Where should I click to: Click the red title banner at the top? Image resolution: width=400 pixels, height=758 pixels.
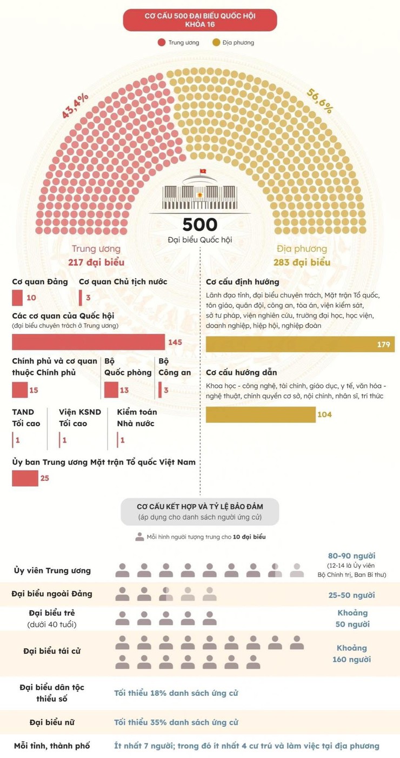200,20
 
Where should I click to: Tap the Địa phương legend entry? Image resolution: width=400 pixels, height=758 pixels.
233,42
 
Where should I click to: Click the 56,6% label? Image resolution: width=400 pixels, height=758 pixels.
320,100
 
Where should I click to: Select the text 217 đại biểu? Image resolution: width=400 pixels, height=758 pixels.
96,263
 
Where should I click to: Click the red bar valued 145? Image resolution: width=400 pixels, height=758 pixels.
88,342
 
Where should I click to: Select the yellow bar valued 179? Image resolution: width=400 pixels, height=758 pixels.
300,344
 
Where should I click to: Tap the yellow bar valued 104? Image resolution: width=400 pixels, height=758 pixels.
261,414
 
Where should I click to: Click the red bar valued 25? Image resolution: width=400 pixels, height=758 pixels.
25,478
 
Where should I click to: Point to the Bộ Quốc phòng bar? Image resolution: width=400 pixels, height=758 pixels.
111,390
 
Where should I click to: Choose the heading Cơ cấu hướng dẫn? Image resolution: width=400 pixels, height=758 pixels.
242,372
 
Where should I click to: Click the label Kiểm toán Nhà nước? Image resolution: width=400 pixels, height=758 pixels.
137,418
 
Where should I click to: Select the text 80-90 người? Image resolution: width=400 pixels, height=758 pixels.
351,555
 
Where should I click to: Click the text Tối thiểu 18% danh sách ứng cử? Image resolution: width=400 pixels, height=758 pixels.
176,693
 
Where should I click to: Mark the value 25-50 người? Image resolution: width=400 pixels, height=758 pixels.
351,595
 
